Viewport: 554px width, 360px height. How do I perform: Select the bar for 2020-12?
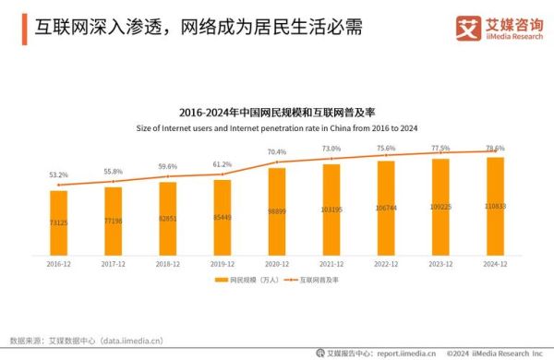pos(277,210)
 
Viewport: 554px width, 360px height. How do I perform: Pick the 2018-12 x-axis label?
pos(168,262)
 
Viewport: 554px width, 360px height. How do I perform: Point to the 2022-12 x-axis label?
pos(386,262)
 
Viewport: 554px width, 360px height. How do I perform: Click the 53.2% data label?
pos(59,174)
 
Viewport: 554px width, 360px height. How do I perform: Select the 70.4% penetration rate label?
pos(277,151)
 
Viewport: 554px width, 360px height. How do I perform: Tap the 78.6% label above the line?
pos(495,148)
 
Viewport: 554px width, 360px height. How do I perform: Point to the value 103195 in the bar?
pos(331,210)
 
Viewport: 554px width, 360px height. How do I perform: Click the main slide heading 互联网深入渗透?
pos(185,28)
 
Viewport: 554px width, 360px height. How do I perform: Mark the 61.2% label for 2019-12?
pos(223,164)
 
